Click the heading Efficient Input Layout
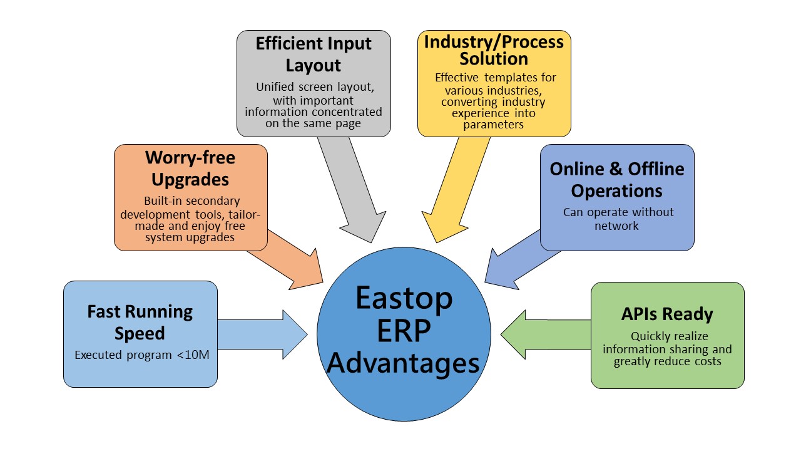(314, 54)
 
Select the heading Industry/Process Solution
(494, 50)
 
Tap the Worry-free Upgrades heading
(190, 168)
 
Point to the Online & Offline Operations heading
(617, 180)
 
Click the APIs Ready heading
(667, 314)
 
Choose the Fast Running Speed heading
(140, 322)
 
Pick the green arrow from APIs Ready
(546, 334)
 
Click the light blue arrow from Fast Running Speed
(262, 334)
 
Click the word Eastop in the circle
(404, 299)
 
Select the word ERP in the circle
(404, 331)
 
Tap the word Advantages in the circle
(403, 364)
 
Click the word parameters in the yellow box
(494, 125)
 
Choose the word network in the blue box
(616, 226)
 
